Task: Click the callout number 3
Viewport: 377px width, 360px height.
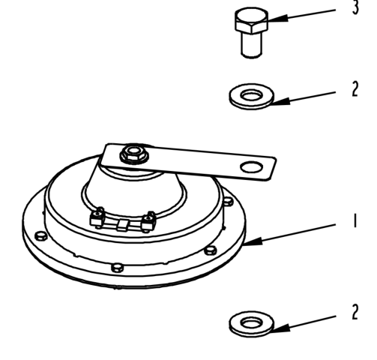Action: pyautogui.click(x=355, y=7)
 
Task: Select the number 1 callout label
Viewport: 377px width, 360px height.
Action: pyautogui.click(x=355, y=220)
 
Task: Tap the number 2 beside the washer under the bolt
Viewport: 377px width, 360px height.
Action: pyautogui.click(x=355, y=88)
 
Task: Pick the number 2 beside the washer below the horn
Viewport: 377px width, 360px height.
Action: pyautogui.click(x=355, y=312)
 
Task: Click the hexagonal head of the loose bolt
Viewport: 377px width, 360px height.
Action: pyautogui.click(x=252, y=21)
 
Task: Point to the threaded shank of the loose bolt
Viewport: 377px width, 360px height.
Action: pyautogui.click(x=252, y=45)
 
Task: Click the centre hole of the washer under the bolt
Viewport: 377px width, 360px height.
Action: pyautogui.click(x=252, y=95)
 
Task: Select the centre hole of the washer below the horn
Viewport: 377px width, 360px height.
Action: pyautogui.click(x=252, y=322)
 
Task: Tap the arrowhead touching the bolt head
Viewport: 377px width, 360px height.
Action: pyautogui.click(x=277, y=19)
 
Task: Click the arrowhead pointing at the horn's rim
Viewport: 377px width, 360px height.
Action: pyautogui.click(x=253, y=241)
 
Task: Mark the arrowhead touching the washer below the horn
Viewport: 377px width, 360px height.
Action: pyautogui.click(x=280, y=328)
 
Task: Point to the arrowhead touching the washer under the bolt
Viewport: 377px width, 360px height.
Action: pyautogui.click(x=280, y=101)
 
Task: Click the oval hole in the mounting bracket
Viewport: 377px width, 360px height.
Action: pyautogui.click(x=252, y=167)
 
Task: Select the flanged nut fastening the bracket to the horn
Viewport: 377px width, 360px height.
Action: pyautogui.click(x=134, y=153)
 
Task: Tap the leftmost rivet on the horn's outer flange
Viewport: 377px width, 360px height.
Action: pyautogui.click(x=40, y=235)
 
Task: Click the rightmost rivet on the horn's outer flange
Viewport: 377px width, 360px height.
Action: pyautogui.click(x=228, y=201)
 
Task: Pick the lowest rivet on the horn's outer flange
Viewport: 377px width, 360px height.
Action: pyautogui.click(x=117, y=268)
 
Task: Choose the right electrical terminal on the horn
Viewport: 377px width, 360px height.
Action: pyautogui.click(x=149, y=220)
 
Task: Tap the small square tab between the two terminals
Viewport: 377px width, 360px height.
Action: pyautogui.click(x=122, y=225)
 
